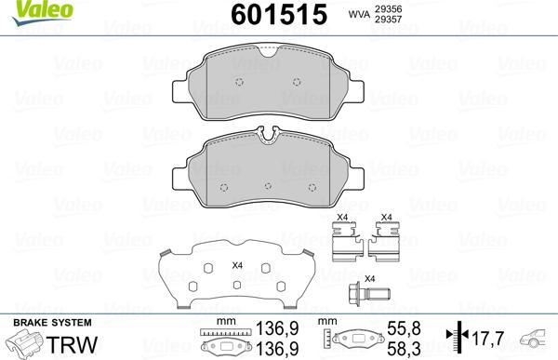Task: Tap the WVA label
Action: (359, 14)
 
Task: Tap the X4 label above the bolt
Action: (368, 279)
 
